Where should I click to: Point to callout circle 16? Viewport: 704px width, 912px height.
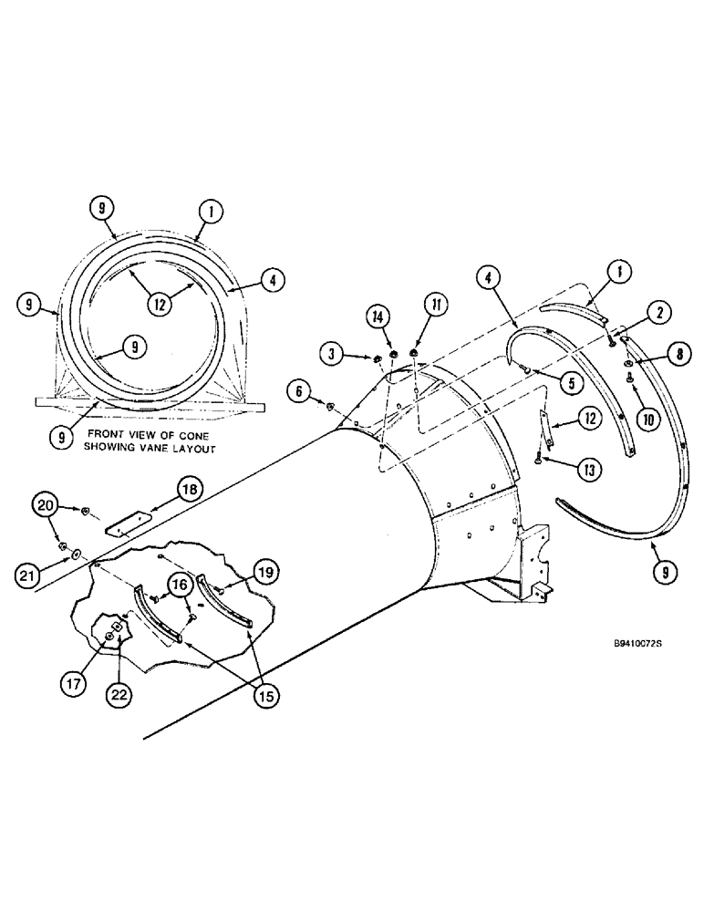coord(179,586)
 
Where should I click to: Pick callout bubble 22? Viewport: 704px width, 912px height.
coord(120,695)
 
